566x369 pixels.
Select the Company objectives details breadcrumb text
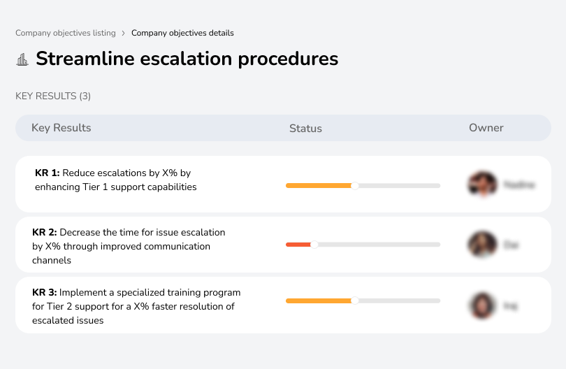pos(182,33)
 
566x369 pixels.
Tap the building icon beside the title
pos(22,59)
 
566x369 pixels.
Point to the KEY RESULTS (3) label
pos(53,96)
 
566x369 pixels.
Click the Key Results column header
pos(61,128)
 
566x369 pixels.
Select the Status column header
pos(305,129)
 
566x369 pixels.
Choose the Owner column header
pos(486,128)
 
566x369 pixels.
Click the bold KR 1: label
pos(47,173)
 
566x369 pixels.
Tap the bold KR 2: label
pos(45,232)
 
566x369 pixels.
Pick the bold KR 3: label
pos(45,292)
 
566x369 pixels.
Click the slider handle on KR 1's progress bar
pos(355,185)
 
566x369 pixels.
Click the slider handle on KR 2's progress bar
pos(314,245)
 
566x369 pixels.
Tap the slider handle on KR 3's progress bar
pos(355,301)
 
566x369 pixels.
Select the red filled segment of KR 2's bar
pos(298,245)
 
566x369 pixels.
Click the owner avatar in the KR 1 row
pos(482,184)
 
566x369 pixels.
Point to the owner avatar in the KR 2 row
pos(482,245)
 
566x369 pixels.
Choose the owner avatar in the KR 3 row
pos(482,305)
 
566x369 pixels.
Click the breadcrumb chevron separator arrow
pos(123,33)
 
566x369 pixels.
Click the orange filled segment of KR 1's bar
pos(318,185)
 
